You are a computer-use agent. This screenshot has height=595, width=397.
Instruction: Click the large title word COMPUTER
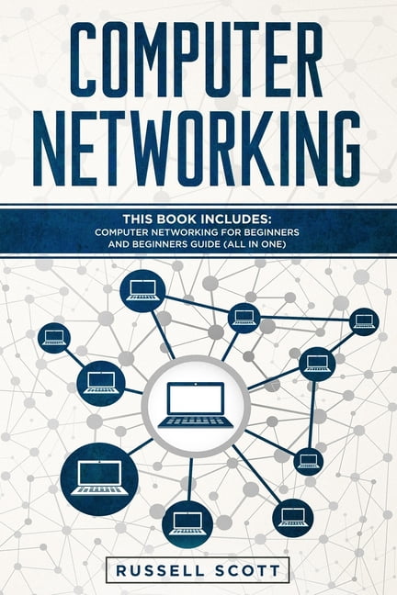[x=197, y=59]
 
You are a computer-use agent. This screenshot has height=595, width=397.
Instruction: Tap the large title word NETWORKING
[x=197, y=149]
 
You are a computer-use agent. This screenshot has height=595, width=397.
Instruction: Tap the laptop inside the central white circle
[x=196, y=406]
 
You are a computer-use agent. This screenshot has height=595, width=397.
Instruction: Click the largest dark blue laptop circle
[x=99, y=479]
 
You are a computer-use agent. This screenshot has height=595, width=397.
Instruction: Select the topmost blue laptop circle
[x=142, y=291]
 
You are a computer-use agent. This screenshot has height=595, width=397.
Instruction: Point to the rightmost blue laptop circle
[x=364, y=321]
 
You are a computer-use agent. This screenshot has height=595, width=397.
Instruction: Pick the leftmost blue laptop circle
[x=54, y=338]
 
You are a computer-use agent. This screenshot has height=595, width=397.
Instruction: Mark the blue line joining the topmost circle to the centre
[x=163, y=335]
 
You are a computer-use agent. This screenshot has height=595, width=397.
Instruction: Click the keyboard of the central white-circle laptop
[x=196, y=422]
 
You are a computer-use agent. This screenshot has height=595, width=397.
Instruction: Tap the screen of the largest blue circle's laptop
[x=99, y=474]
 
